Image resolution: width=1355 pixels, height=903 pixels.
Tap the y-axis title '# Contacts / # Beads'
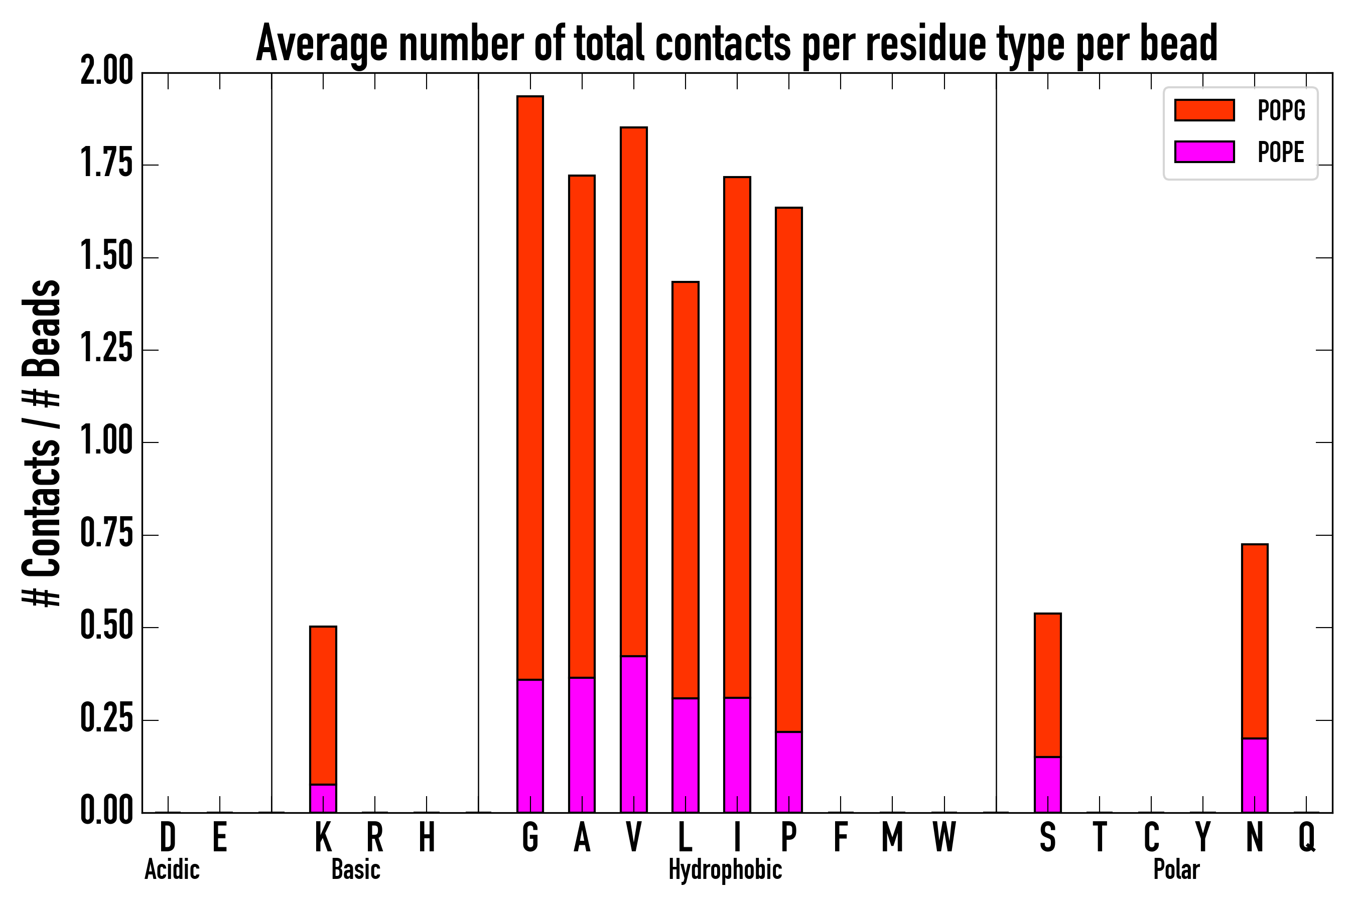pyautogui.click(x=42, y=443)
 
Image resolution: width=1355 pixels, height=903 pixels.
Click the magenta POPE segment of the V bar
pyautogui.click(x=634, y=734)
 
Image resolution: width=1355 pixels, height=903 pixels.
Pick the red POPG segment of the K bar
pyautogui.click(x=323, y=705)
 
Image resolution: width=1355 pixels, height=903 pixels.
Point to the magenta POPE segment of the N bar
pyautogui.click(x=1255, y=775)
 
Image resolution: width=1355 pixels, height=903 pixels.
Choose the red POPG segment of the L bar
pyautogui.click(x=686, y=490)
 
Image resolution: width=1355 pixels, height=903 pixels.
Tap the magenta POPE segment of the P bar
pyautogui.click(x=789, y=772)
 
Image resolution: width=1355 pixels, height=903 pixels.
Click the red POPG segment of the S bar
pyautogui.click(x=1048, y=685)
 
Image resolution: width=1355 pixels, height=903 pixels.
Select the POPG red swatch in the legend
pyautogui.click(x=1204, y=110)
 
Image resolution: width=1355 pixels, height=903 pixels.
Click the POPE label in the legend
pyautogui.click(x=1281, y=152)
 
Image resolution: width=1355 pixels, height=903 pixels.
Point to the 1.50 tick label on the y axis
pyautogui.click(x=106, y=257)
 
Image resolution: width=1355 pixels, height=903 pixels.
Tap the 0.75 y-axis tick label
pyautogui.click(x=106, y=535)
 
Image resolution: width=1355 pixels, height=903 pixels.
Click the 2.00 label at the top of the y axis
pyautogui.click(x=106, y=73)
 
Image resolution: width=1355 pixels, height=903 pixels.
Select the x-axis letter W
pyautogui.click(x=944, y=837)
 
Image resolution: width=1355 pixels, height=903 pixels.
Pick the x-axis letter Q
pyautogui.click(x=1307, y=837)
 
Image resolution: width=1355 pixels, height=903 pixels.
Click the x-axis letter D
pyautogui.click(x=168, y=837)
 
